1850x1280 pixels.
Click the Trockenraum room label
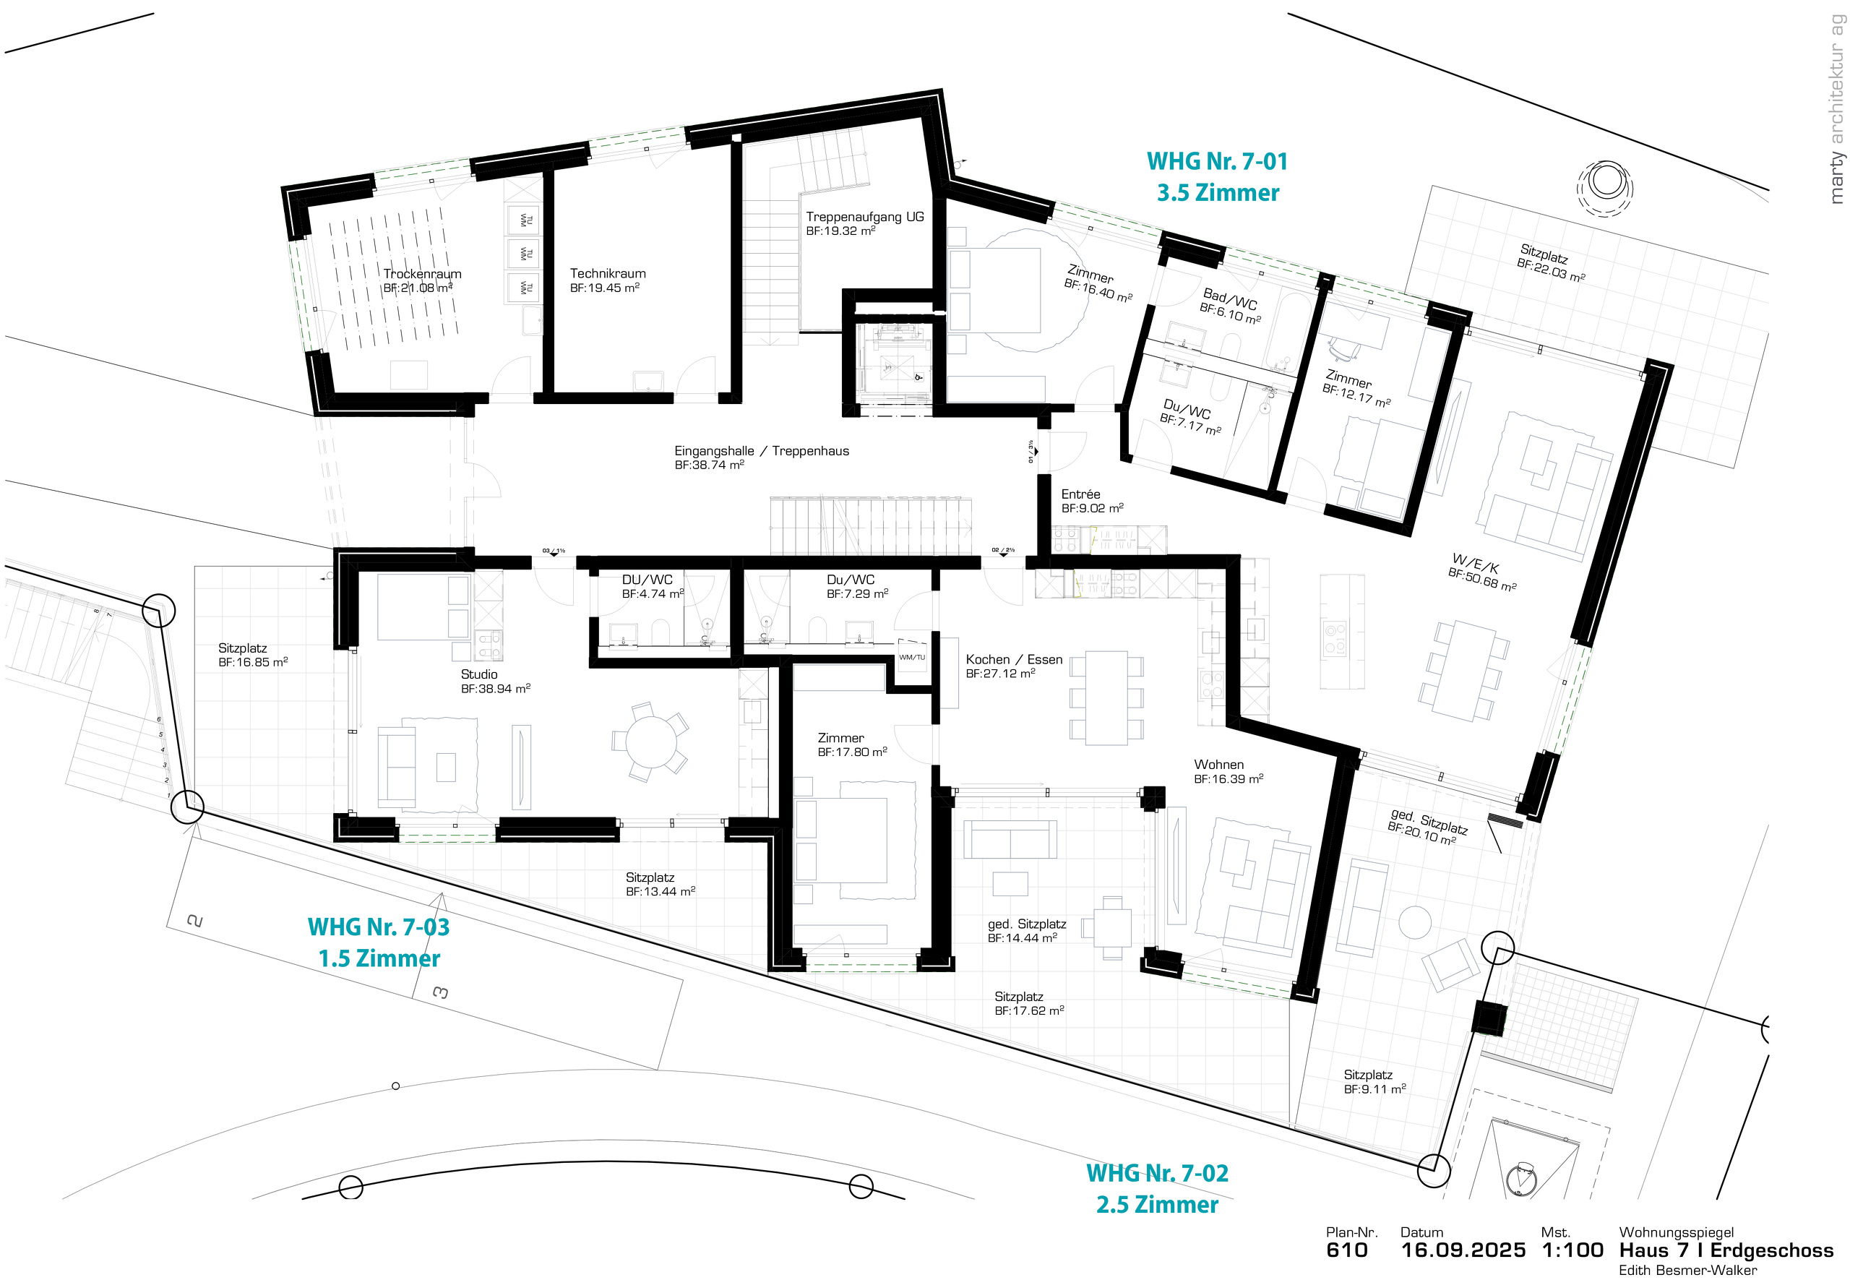point(422,273)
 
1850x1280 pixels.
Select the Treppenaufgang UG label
point(864,217)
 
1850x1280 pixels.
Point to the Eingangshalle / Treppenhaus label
point(760,451)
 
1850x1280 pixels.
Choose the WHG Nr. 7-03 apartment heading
point(378,927)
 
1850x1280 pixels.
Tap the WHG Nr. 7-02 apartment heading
point(1156,1173)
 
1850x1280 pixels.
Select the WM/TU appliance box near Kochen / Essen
point(911,658)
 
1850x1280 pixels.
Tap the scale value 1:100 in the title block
point(1571,1250)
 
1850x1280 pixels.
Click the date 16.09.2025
point(1462,1250)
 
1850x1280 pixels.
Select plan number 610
point(1346,1250)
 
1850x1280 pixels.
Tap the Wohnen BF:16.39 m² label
point(1227,771)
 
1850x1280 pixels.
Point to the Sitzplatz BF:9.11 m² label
point(1374,1082)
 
